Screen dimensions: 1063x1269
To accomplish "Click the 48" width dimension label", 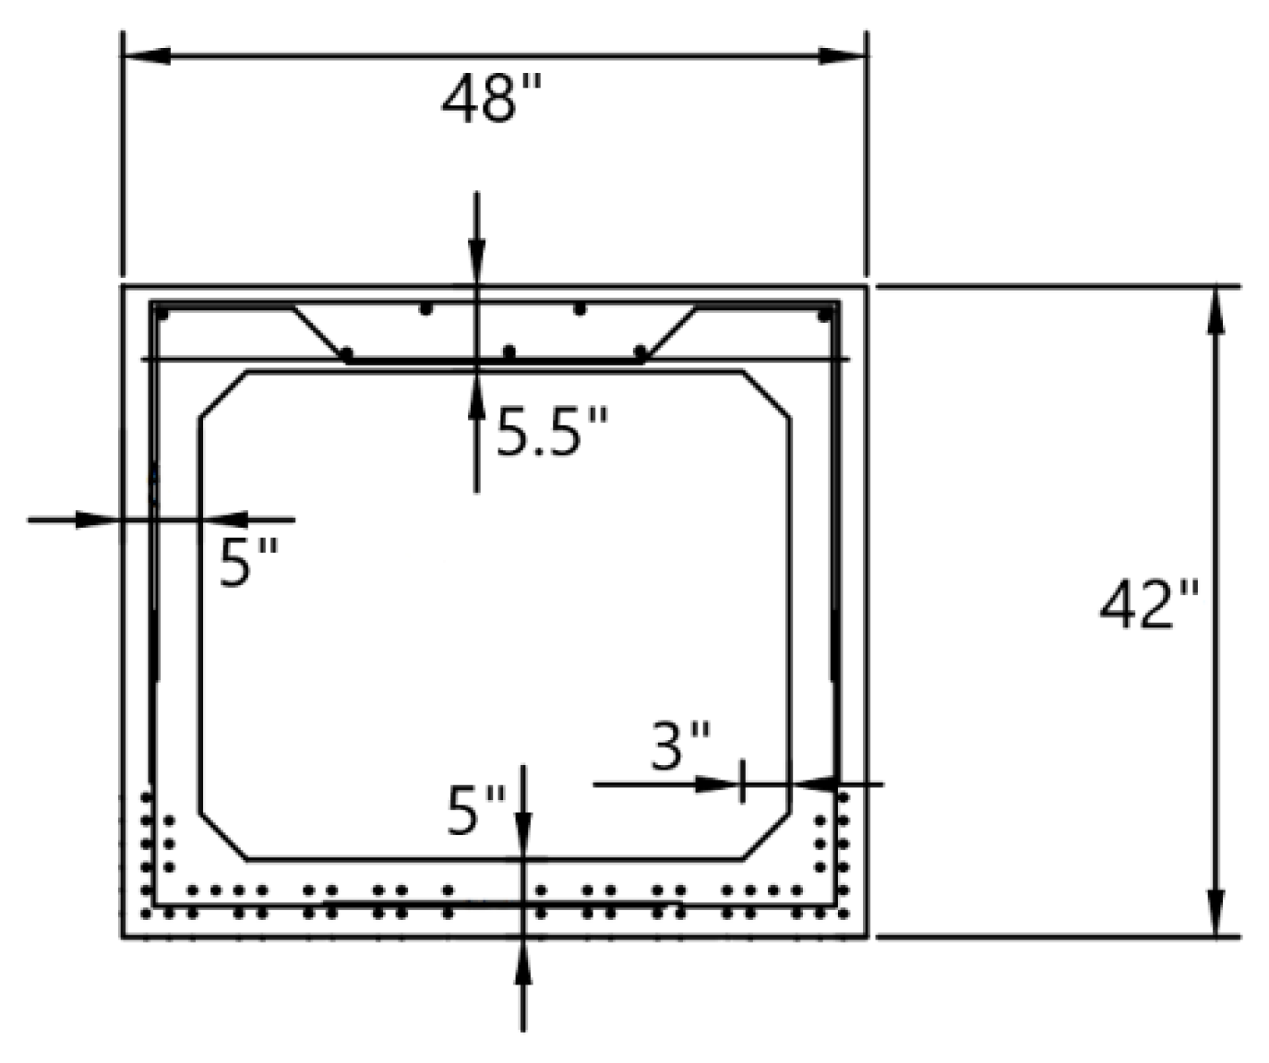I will (492, 99).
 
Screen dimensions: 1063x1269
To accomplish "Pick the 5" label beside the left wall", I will (248, 562).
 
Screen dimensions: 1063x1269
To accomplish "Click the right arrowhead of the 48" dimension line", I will (842, 55).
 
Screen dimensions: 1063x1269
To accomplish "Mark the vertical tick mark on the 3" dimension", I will (742, 782).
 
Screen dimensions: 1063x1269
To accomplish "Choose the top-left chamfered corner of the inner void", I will (223, 395).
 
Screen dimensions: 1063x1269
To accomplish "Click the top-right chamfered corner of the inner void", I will (766, 395).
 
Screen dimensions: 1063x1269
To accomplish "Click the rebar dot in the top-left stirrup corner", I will (162, 315).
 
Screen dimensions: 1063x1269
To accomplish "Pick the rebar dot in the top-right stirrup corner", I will (824, 315).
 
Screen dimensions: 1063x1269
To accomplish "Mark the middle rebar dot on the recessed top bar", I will (509, 352).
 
